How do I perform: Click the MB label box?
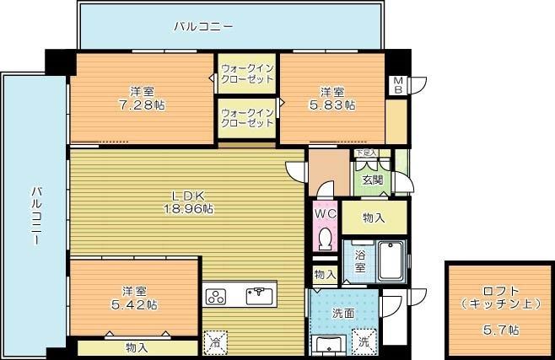[396, 84]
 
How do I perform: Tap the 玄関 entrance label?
[372, 180]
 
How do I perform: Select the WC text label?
[325, 214]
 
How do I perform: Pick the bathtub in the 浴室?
[391, 261]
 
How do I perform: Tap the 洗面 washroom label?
[342, 313]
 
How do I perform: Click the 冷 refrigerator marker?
[215, 342]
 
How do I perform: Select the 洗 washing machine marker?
[364, 342]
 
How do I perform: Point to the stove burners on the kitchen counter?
[217, 296]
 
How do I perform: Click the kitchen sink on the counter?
[259, 295]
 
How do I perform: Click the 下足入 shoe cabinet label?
[365, 153]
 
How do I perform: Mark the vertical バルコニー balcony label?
[36, 215]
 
